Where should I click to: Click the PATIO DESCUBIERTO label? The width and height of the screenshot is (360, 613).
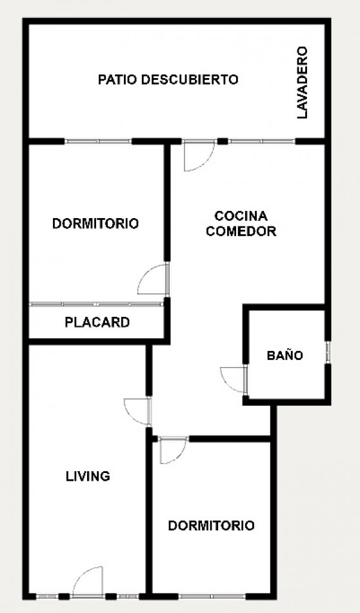coord(168,80)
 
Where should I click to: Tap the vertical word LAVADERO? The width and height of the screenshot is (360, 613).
coord(302,83)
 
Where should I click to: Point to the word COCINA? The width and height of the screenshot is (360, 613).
coord(241,216)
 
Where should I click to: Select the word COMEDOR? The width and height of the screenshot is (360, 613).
coord(241,231)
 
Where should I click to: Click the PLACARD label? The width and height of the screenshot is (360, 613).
coord(97,323)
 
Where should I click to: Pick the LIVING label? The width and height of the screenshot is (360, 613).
coord(88,476)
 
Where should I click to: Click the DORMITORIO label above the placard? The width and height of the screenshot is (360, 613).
coord(95,224)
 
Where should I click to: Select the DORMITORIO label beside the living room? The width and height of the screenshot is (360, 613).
coord(211,525)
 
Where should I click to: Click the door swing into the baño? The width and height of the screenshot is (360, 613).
coord(233,379)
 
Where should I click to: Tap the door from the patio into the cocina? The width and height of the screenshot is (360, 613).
coord(199,156)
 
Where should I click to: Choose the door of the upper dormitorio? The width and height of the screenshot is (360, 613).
coord(153,279)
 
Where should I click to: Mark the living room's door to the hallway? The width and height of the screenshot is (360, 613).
coord(137,412)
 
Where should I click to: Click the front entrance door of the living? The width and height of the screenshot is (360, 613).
coord(88,582)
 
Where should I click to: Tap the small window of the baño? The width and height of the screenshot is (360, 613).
coord(328,352)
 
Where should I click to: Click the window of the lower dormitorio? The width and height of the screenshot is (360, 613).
coord(212,597)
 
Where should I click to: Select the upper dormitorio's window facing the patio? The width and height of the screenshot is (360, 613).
coord(98,141)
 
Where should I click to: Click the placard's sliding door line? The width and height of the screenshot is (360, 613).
coord(96,304)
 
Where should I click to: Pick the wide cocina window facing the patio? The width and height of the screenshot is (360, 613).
coord(261,141)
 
